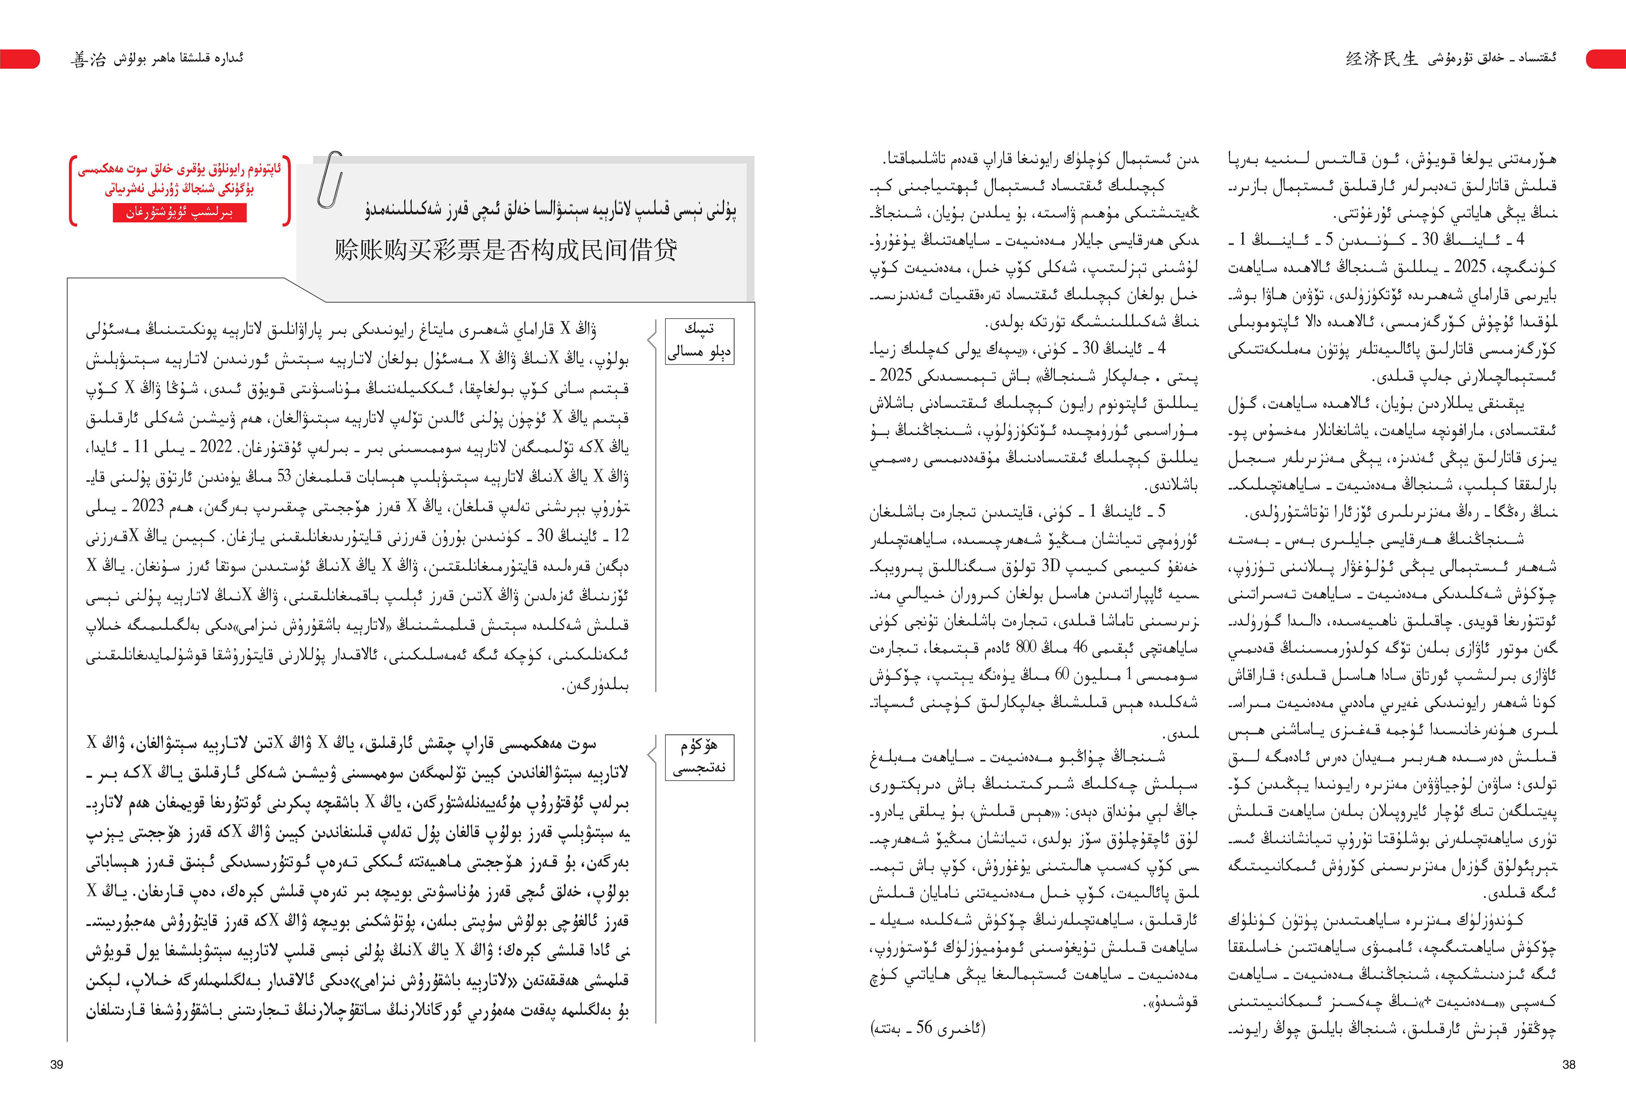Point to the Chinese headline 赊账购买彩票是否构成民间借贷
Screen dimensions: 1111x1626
(505, 250)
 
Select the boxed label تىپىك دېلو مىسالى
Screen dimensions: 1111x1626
(699, 341)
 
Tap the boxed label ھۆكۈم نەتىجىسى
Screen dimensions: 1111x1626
(699, 757)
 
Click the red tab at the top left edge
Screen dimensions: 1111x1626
(20, 59)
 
